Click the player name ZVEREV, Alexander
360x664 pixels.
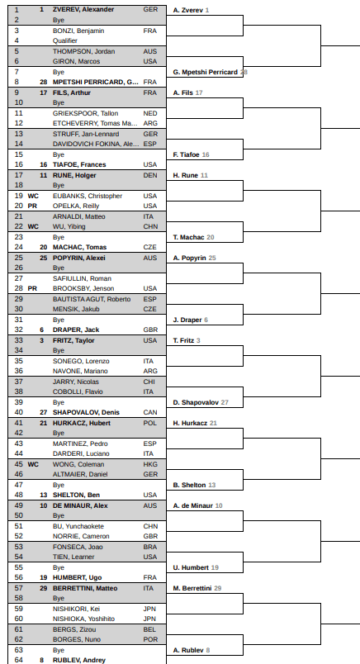pos(83,9)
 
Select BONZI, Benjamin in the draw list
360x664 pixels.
pos(78,31)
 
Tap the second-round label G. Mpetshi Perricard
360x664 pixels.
pos(206,72)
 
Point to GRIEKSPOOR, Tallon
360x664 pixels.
pos(86,113)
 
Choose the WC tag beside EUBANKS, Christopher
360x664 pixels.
pos(33,196)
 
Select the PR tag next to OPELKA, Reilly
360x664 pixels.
pos(32,206)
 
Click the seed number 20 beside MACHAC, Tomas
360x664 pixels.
pos(43,247)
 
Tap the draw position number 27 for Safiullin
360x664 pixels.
pos(19,278)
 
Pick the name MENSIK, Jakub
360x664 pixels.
pos(76,309)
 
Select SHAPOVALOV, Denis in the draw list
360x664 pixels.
pos(86,412)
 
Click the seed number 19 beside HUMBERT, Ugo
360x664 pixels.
pos(43,577)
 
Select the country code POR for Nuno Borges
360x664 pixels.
pos(150,639)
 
